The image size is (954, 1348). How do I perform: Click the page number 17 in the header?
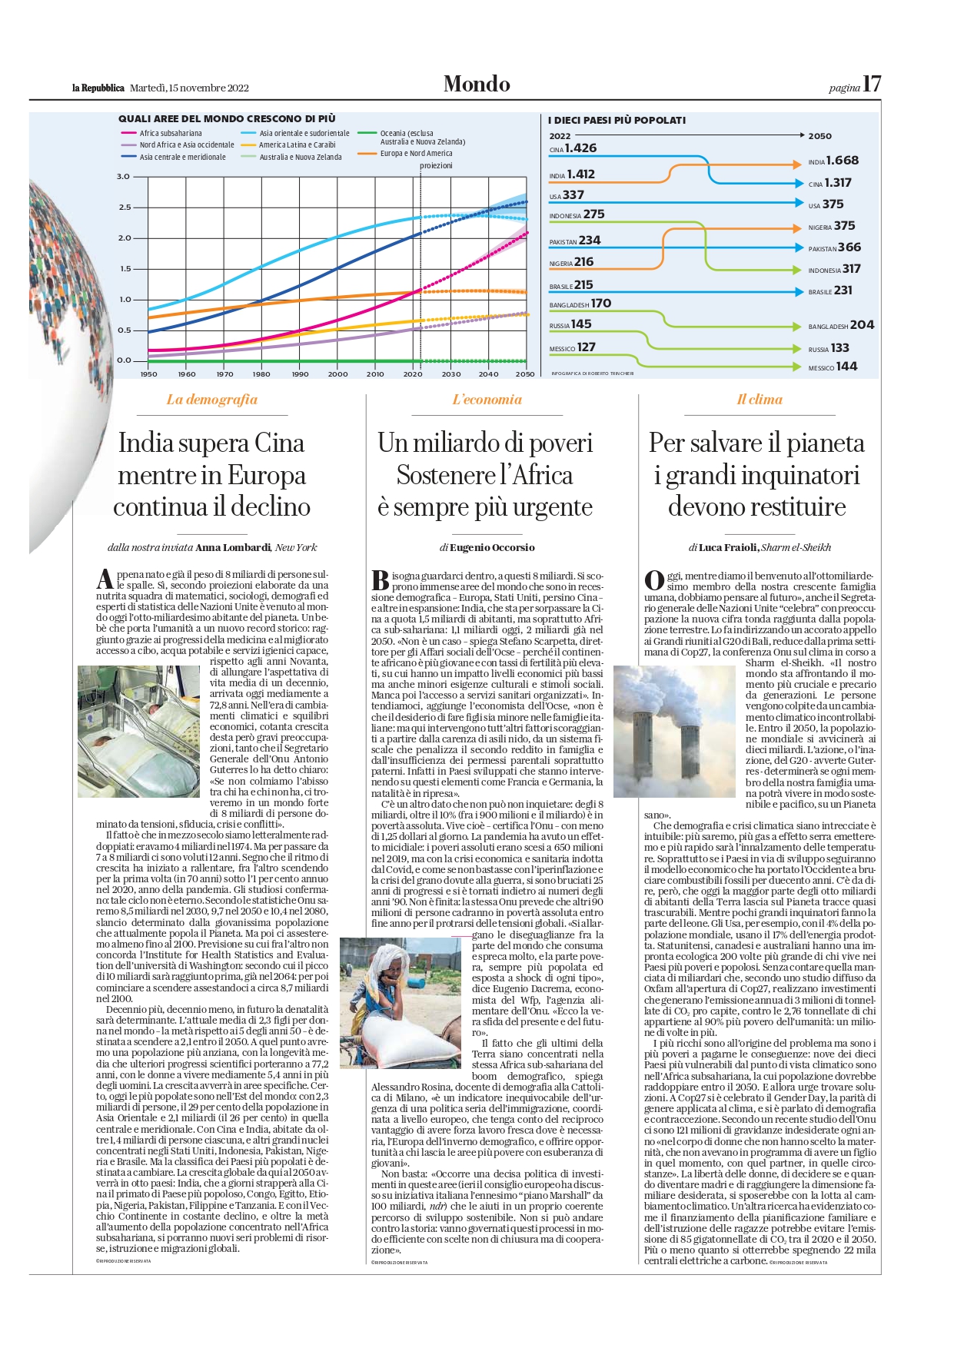tap(871, 84)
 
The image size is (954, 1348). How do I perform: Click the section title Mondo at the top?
tap(477, 84)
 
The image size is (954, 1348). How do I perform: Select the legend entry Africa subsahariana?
tap(170, 133)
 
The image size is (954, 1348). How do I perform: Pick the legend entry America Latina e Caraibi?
tap(297, 144)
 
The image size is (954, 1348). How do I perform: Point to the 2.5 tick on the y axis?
tap(124, 208)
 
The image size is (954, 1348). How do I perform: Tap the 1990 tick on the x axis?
tap(300, 374)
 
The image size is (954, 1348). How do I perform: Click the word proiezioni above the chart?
tap(436, 165)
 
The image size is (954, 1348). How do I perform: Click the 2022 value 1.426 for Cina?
tap(580, 148)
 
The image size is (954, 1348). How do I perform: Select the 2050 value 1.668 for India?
tap(843, 161)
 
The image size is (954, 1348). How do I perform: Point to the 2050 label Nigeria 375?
tap(832, 226)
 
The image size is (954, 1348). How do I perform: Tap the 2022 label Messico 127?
tap(573, 347)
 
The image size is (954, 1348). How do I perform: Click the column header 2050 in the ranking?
tap(819, 136)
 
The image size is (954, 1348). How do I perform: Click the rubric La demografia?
tap(212, 400)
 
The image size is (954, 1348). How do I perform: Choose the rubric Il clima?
tap(760, 400)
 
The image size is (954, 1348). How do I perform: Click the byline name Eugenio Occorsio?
tap(492, 547)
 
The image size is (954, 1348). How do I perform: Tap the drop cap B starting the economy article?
tap(380, 580)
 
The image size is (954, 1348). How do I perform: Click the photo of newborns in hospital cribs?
tap(139, 731)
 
